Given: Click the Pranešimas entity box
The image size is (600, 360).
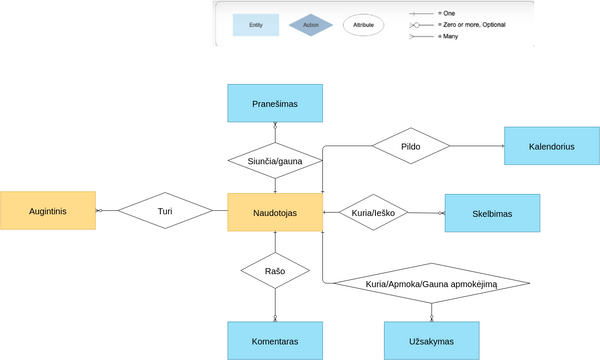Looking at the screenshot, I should pos(276,102).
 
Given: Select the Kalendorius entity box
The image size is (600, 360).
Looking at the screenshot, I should pos(552,146).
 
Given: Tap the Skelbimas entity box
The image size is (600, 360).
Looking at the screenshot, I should pos(492,213).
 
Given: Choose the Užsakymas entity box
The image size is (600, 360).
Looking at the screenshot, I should pos(432,340).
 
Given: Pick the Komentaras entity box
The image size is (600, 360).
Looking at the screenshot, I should pos(276,340).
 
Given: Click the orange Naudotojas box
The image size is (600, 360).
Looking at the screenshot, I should pos(275,213).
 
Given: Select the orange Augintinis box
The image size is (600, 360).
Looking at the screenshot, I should pos(48,212).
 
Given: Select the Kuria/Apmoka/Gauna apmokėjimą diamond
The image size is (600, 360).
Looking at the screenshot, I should pos(431,285).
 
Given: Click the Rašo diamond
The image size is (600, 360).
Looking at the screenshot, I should pos(275,269).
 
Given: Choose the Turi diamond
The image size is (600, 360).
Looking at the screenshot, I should pos(166,212).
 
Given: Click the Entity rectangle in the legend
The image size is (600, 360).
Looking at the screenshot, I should pos(256,24).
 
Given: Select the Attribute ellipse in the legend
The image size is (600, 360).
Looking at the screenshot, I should pos(364,24).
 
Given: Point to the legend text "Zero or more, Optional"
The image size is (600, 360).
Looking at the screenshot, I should pos(471,23).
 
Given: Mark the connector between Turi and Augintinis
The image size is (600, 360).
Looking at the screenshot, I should pos(107,211).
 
